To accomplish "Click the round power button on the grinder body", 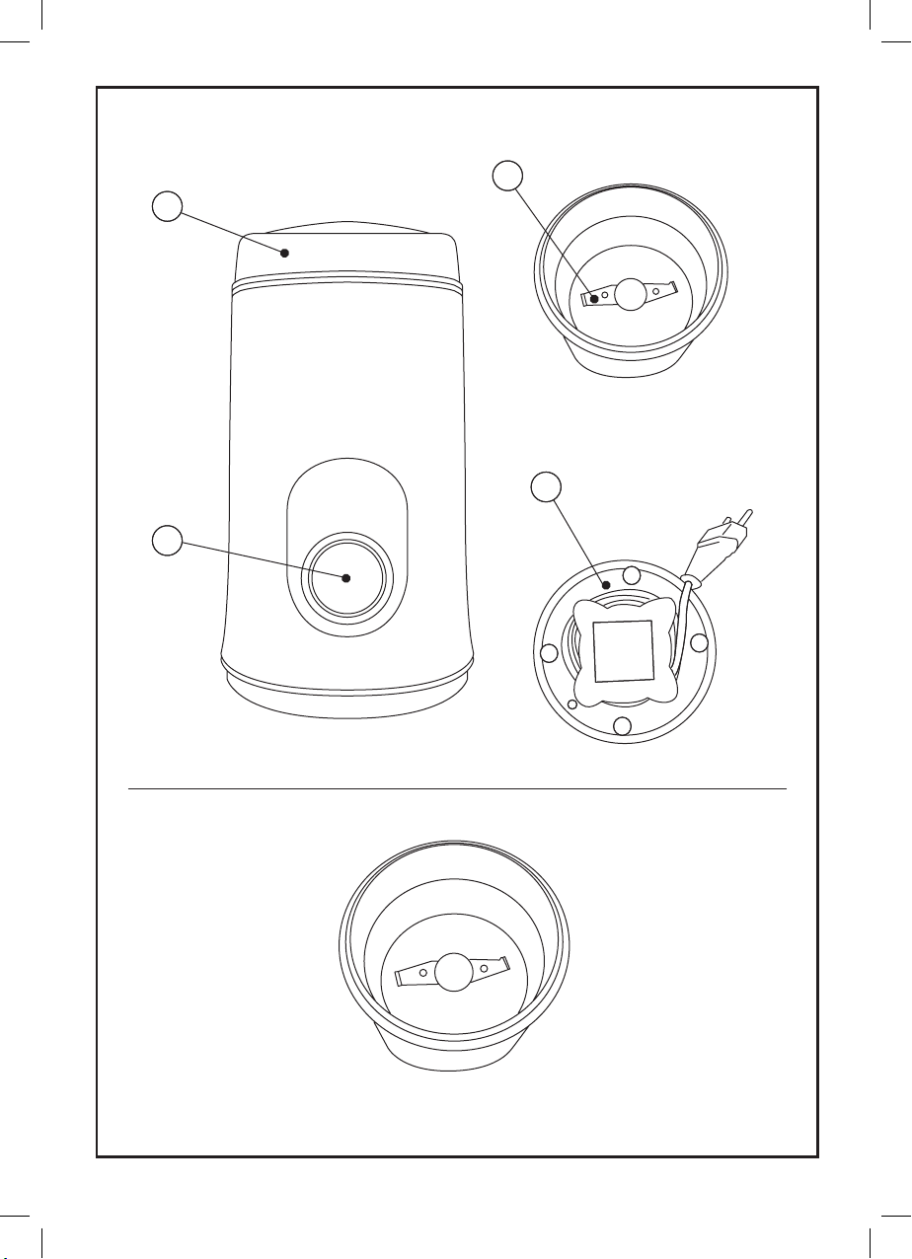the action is (x=345, y=578).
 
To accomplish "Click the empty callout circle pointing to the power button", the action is (x=168, y=542).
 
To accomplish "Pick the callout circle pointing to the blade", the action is (x=506, y=176).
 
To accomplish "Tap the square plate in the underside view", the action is (x=624, y=651).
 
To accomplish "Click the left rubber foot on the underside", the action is (x=550, y=652).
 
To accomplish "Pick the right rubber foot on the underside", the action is (x=700, y=644).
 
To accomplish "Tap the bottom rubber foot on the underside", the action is (x=622, y=727).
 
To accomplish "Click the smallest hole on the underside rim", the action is (x=573, y=704).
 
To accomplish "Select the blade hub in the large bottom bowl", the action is (x=453, y=971).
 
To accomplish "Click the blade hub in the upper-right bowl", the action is (x=630, y=292).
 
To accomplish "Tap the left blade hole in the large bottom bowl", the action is (x=422, y=973).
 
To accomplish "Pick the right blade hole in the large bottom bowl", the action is (x=485, y=969).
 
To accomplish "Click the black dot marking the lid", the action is (x=284, y=253).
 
